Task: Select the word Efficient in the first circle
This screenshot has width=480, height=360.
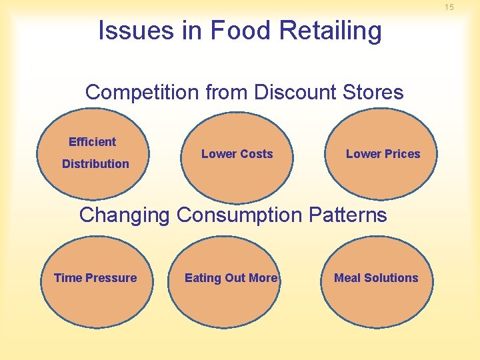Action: [92, 142]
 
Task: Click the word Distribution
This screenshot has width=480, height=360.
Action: [95, 164]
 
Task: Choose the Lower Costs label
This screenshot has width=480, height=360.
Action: [237, 154]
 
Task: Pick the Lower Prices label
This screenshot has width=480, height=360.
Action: [383, 154]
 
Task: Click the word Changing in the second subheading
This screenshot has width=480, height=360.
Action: [125, 215]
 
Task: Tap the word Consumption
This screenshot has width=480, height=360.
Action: [239, 215]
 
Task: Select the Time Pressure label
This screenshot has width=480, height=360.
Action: [95, 278]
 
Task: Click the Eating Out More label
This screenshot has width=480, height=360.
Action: [231, 278]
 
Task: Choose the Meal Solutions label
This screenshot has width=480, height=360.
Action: [376, 278]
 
